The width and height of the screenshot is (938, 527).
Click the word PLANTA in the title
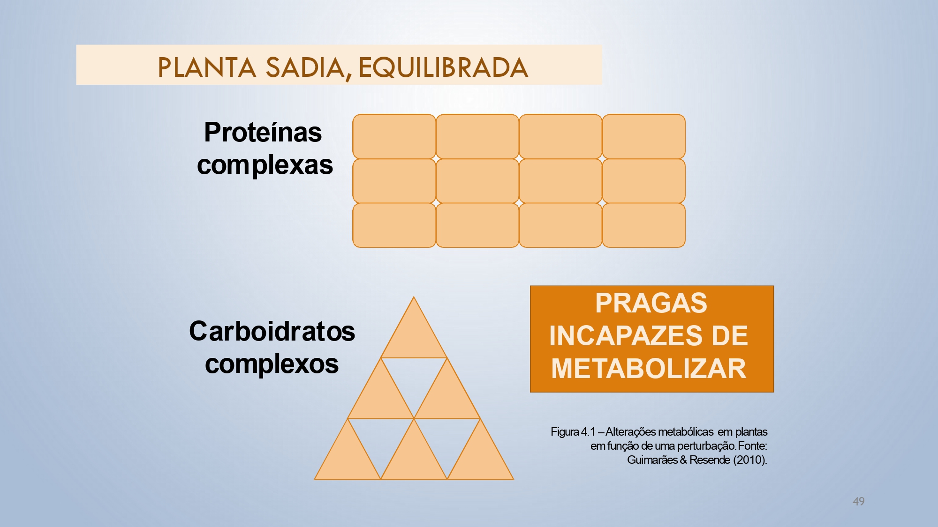tap(206, 67)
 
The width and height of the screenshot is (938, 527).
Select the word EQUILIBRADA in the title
tap(443, 67)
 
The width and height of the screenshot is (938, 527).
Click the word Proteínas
tap(263, 132)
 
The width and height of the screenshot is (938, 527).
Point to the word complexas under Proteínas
tap(265, 165)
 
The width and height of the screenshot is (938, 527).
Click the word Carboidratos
tap(272, 331)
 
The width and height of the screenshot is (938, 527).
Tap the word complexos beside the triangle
tap(272, 364)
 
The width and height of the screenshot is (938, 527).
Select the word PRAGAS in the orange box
tap(651, 303)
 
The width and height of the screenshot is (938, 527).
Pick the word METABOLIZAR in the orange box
tap(649, 369)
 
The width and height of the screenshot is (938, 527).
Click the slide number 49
tap(858, 501)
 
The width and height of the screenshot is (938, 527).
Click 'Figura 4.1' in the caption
tap(573, 431)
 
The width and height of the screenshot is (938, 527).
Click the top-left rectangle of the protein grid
tap(394, 136)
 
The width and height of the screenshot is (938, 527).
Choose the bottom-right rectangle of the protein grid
tap(643, 225)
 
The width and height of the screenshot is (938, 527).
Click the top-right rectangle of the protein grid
tap(643, 136)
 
